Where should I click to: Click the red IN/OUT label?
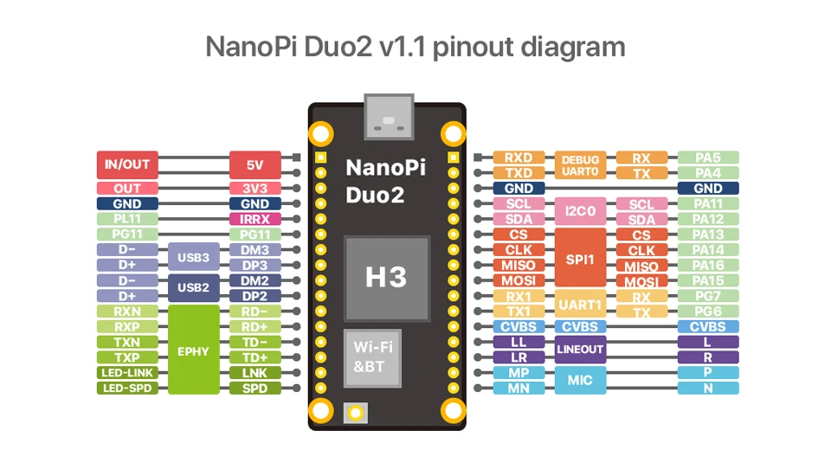click(x=127, y=164)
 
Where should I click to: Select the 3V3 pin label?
click(x=254, y=188)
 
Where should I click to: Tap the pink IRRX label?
click(x=254, y=219)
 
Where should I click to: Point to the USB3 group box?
click(x=193, y=257)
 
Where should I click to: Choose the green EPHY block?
click(x=193, y=350)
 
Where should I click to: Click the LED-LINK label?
click(x=127, y=373)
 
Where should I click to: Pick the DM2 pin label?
click(x=254, y=280)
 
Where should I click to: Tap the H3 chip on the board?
click(x=386, y=276)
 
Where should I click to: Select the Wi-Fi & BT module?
click(x=373, y=357)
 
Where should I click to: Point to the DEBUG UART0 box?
click(x=580, y=165)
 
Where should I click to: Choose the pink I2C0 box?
click(x=580, y=211)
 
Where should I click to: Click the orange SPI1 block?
click(x=580, y=258)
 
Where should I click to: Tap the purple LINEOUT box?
click(x=580, y=350)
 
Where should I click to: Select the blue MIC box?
click(x=580, y=380)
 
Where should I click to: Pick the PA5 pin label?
click(x=708, y=158)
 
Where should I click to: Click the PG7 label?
click(x=708, y=296)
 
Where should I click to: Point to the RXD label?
click(x=519, y=158)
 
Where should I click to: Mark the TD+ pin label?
click(x=254, y=357)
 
